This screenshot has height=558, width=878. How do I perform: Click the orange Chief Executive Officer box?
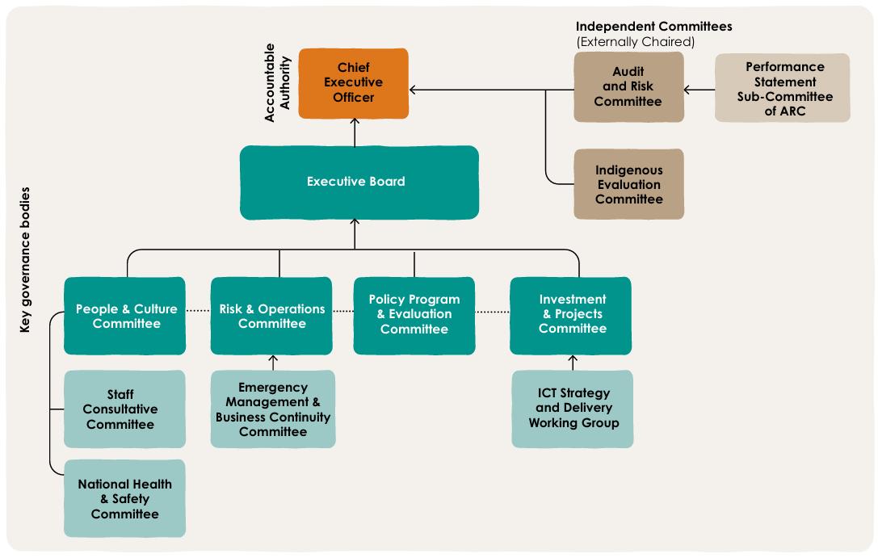pos(354,83)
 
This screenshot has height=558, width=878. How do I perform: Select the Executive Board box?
pos(359,183)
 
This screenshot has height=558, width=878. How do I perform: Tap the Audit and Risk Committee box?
pos(628,87)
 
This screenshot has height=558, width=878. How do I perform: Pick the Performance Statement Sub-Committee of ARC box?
pos(782,89)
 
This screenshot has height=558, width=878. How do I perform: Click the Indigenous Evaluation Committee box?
pos(628,184)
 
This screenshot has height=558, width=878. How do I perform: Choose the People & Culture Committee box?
pos(125,317)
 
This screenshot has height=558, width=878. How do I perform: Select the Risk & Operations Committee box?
pos(271,317)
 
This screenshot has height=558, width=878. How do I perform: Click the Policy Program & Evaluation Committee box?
pos(414,315)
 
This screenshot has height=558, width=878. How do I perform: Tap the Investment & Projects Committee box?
pos(571,315)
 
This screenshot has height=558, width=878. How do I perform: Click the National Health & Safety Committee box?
pos(124,499)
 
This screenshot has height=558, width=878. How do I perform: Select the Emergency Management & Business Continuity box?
pos(273,409)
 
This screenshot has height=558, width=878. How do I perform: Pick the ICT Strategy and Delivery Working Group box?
pos(573,409)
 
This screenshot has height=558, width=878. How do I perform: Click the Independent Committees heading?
pos(653,27)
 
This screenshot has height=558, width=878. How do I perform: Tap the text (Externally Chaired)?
pos(635,42)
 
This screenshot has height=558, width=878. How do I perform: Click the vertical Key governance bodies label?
pos(25,260)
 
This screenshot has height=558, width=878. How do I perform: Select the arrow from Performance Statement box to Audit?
pos(699,90)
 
